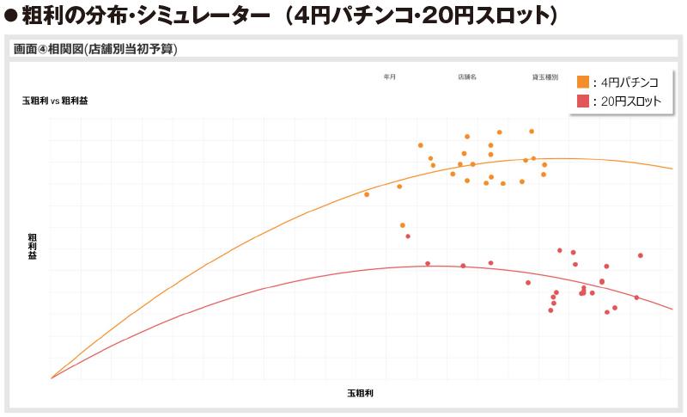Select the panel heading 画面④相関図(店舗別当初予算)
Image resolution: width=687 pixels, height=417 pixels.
(95, 49)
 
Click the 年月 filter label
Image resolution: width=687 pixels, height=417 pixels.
(390, 77)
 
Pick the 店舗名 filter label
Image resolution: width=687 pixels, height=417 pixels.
(467, 77)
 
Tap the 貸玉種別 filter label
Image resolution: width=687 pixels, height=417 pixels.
(545, 77)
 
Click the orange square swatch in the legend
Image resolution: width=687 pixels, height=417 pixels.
(583, 82)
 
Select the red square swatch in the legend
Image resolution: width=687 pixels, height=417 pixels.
(583, 101)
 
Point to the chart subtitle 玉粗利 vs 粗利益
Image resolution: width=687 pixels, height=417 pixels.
(56, 101)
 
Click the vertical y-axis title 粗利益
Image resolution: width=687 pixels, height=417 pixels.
(33, 244)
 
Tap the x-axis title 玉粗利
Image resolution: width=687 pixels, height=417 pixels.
(361, 393)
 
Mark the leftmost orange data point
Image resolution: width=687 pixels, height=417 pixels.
(367, 194)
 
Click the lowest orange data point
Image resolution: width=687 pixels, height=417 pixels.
(408, 236)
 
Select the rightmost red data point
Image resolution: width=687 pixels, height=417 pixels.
(641, 255)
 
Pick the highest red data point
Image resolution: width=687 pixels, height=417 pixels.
(560, 250)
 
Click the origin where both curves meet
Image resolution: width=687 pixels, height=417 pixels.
(52, 377)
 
